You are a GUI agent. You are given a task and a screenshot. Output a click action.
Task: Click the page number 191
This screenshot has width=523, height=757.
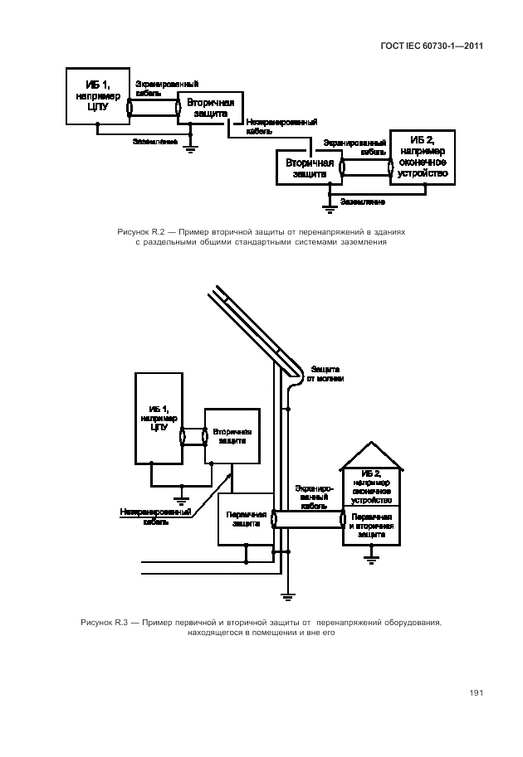pyautogui.click(x=476, y=693)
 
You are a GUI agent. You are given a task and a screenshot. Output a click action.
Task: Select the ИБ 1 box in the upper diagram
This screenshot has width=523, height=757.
pyautogui.click(x=97, y=95)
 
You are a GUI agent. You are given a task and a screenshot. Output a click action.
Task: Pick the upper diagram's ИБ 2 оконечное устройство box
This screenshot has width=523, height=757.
pyautogui.click(x=423, y=157)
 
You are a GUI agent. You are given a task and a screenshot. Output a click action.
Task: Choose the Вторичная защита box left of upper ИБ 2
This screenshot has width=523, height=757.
pyautogui.click(x=309, y=168)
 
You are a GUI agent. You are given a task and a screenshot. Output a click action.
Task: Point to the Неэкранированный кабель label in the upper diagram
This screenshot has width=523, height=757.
pyautogui.click(x=275, y=128)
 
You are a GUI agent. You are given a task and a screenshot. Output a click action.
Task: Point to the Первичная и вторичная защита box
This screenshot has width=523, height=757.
pyautogui.click(x=371, y=526)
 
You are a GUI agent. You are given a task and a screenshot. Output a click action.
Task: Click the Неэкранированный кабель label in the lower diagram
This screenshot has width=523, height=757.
pyautogui.click(x=155, y=517)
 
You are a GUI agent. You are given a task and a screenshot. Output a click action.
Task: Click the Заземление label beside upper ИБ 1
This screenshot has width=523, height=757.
pyautogui.click(x=155, y=141)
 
